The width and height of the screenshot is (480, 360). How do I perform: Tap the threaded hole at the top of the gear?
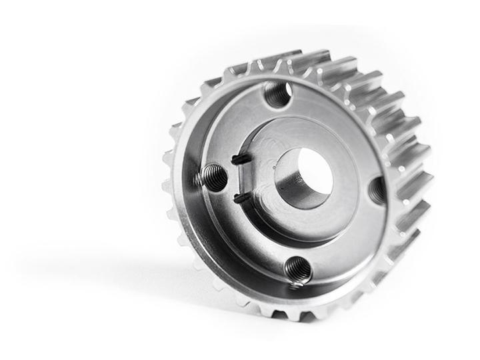coord(277,94)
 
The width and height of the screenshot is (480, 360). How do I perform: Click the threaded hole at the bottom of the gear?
coord(297,269)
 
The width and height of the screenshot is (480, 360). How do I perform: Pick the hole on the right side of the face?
coord(378,191)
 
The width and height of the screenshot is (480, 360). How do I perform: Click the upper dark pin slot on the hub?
coord(239,159)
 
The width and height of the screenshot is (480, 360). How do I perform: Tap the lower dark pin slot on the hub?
coord(239,197)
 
